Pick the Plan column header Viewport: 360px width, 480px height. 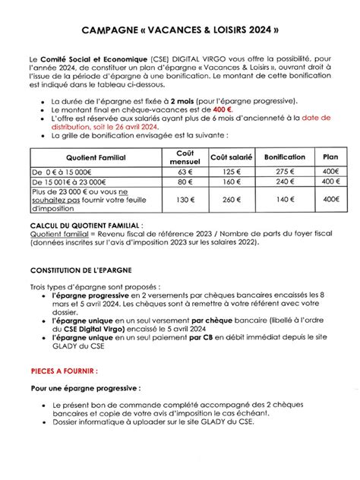tap(330, 156)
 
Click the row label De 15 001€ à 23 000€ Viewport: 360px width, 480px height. tap(69, 182)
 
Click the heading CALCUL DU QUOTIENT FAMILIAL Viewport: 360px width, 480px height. tap(85, 227)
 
